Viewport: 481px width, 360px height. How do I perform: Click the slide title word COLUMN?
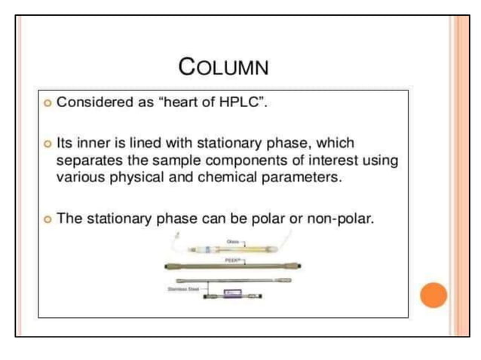pyautogui.click(x=223, y=67)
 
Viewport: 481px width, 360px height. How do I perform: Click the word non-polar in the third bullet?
pyautogui.click(x=342, y=218)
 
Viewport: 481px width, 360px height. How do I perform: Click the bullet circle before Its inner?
pyautogui.click(x=47, y=143)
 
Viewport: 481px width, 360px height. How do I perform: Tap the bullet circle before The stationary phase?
pyautogui.click(x=47, y=219)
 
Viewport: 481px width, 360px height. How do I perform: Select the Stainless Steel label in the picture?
pyautogui.click(x=179, y=286)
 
